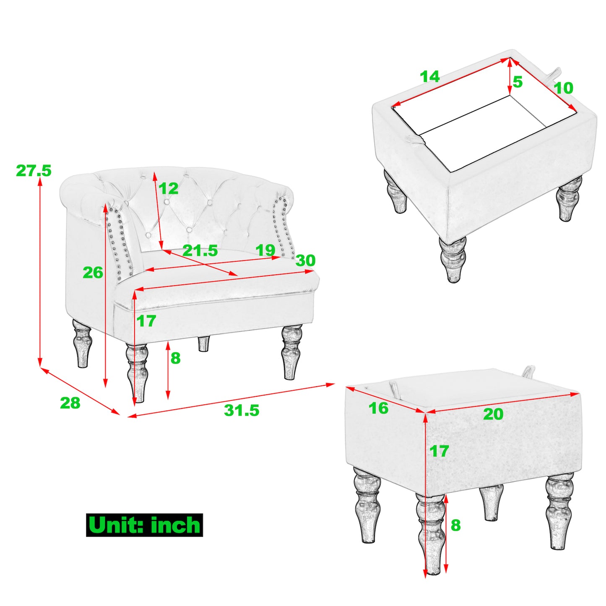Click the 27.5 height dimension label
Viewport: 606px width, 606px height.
[x=34, y=171]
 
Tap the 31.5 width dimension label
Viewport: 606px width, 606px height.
[x=242, y=411]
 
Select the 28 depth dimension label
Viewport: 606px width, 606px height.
[x=70, y=403]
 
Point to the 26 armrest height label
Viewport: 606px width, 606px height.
[x=93, y=272]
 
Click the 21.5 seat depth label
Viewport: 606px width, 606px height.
[x=200, y=251]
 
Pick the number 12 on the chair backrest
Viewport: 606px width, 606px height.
[x=168, y=188]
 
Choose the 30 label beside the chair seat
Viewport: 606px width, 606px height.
[x=305, y=260]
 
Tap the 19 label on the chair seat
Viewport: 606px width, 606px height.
[x=265, y=250]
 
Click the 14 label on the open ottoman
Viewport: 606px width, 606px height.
[x=429, y=76]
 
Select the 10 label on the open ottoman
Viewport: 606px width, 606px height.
[x=563, y=88]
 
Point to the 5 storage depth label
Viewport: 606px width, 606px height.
[x=518, y=82]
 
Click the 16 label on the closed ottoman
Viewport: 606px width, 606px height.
[x=378, y=408]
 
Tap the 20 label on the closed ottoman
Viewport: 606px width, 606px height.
[x=493, y=414]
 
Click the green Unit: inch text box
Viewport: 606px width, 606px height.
[x=144, y=525]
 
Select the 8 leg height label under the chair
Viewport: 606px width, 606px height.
[x=175, y=358]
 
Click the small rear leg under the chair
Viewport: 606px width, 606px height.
[x=204, y=344]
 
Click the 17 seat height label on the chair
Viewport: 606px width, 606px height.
[x=146, y=321]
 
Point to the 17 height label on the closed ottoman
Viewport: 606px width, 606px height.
[x=439, y=451]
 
